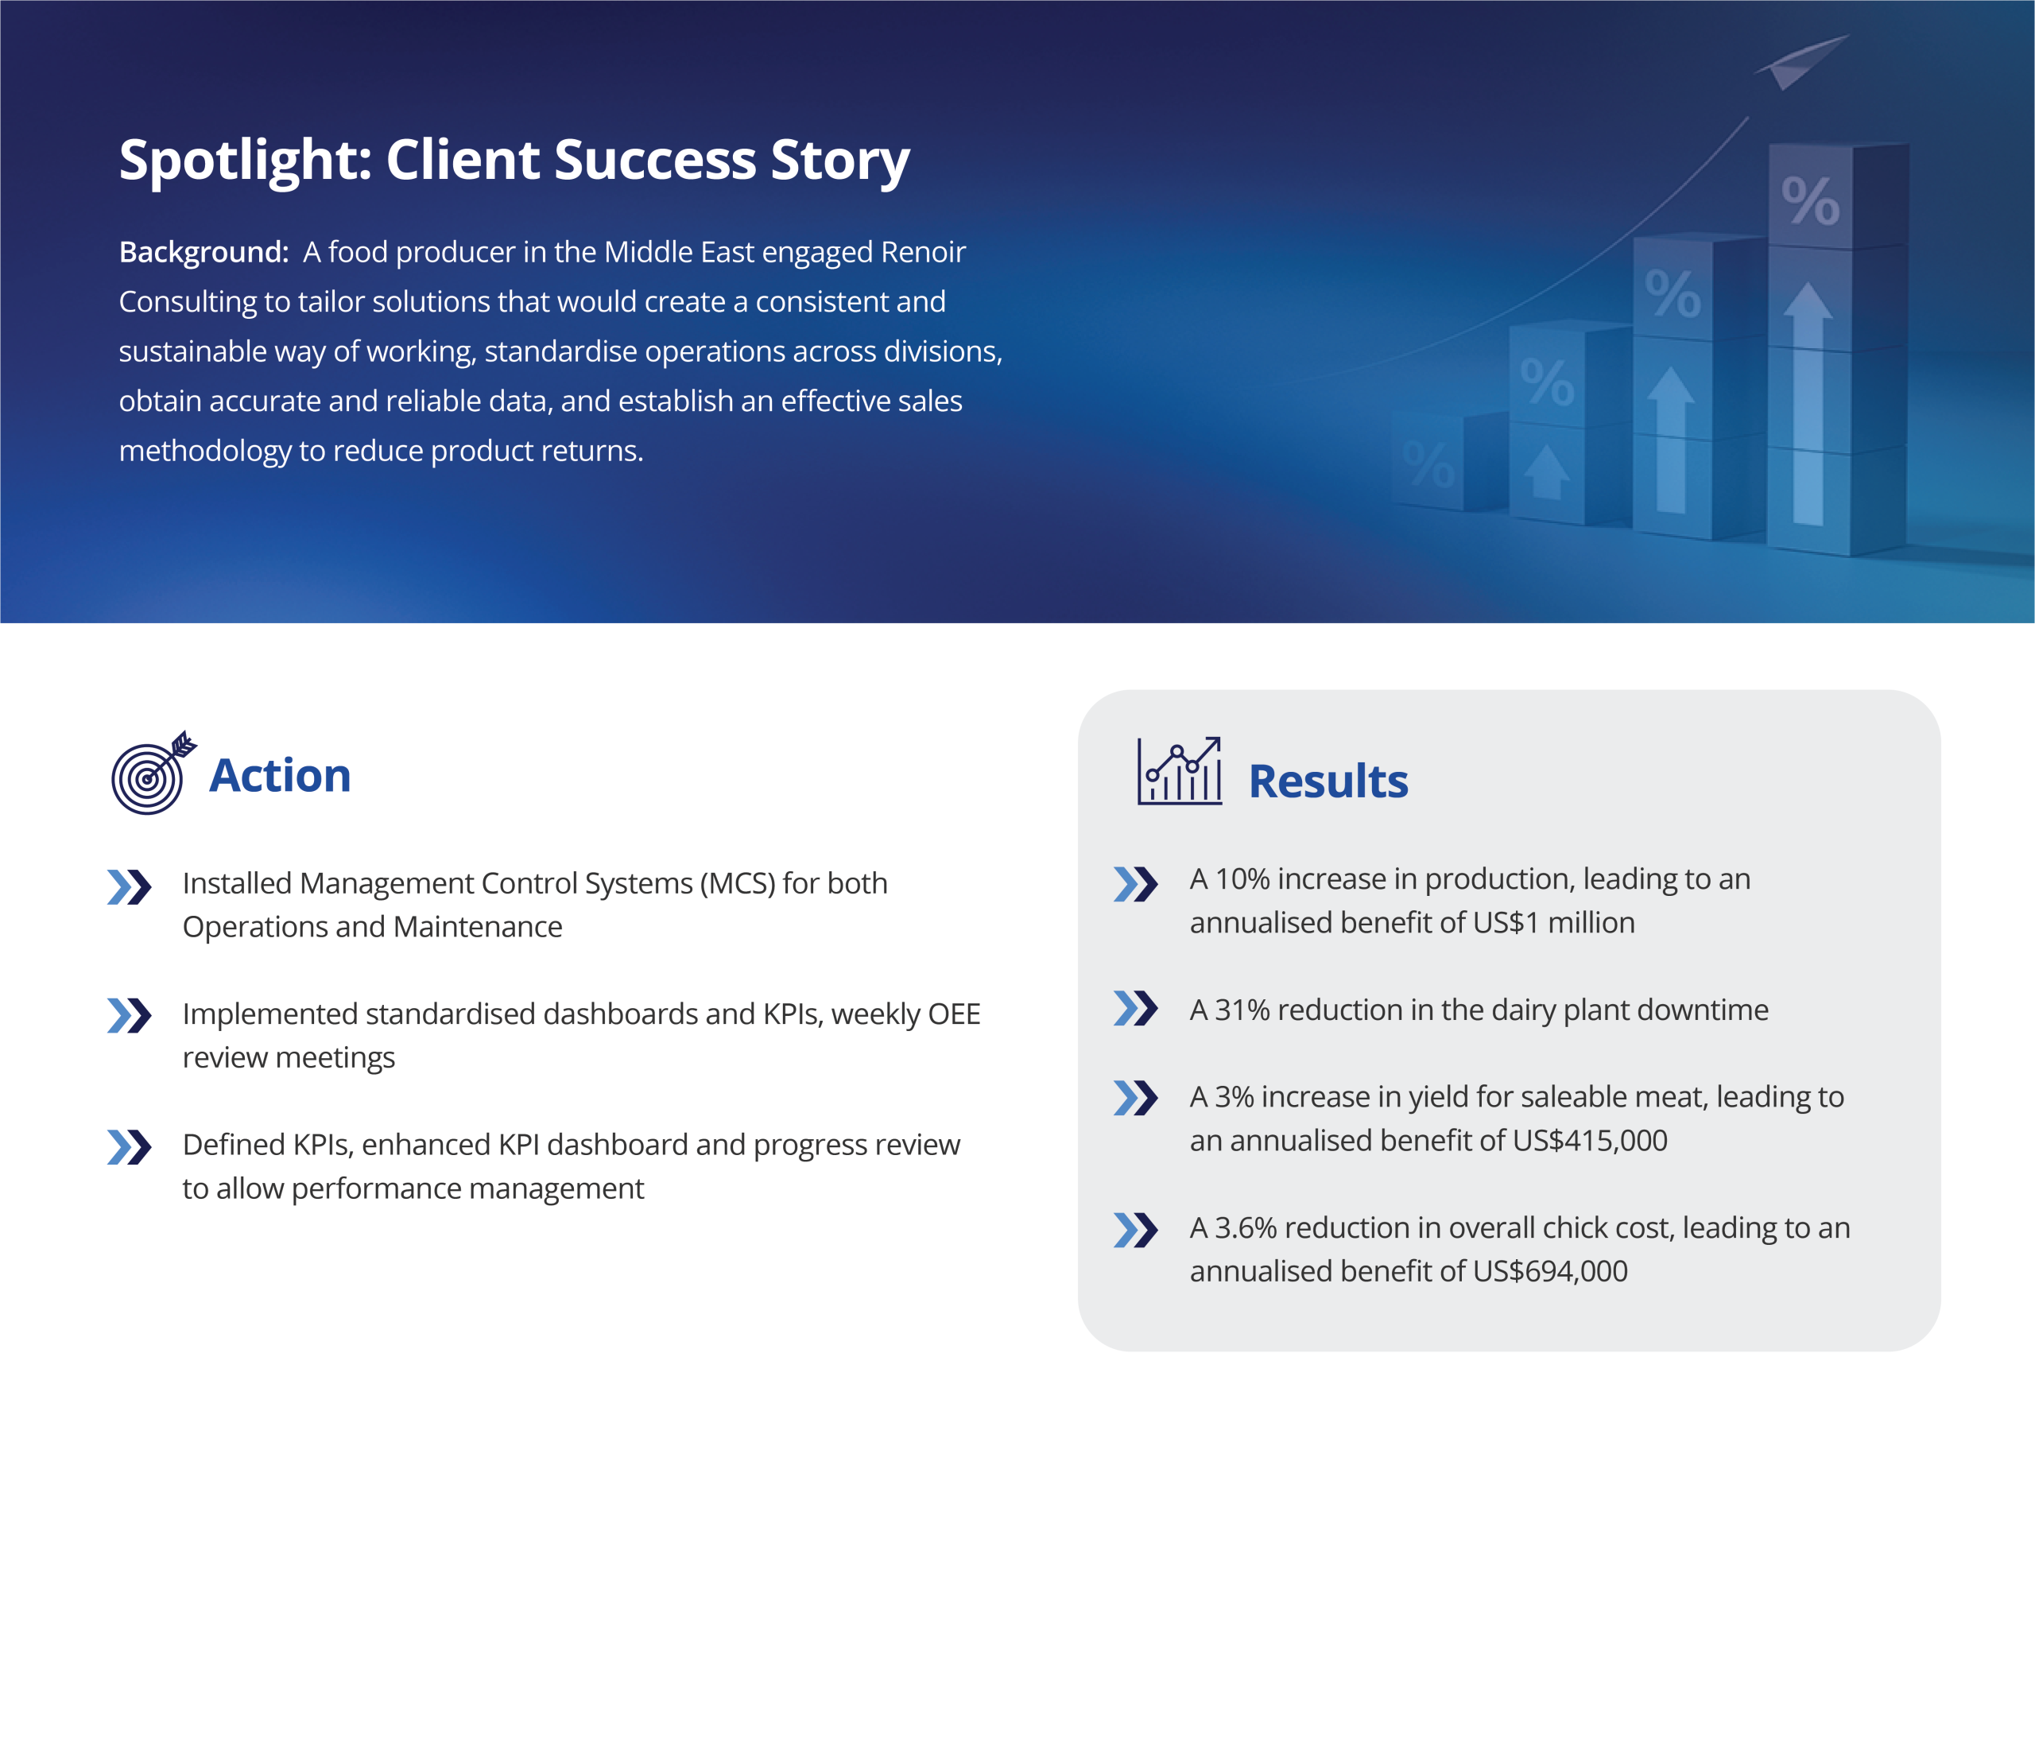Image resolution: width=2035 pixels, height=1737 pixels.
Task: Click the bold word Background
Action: pyautogui.click(x=203, y=253)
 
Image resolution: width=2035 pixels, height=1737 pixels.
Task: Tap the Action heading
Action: pyautogui.click(x=280, y=775)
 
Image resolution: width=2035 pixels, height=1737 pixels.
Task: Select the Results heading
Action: pyautogui.click(x=1328, y=781)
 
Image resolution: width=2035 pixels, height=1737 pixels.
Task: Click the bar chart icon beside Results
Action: pyautogui.click(x=1180, y=771)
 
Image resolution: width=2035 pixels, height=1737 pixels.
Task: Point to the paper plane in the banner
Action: pyautogui.click(x=1801, y=61)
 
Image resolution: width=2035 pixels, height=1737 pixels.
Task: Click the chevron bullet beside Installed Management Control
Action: pyautogui.click(x=130, y=887)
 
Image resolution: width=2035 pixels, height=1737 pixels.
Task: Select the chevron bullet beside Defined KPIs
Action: pyautogui.click(x=130, y=1147)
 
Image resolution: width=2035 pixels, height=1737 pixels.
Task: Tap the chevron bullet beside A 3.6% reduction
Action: pyautogui.click(x=1136, y=1230)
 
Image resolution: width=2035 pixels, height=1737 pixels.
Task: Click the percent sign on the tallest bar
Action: pyautogui.click(x=1810, y=201)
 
